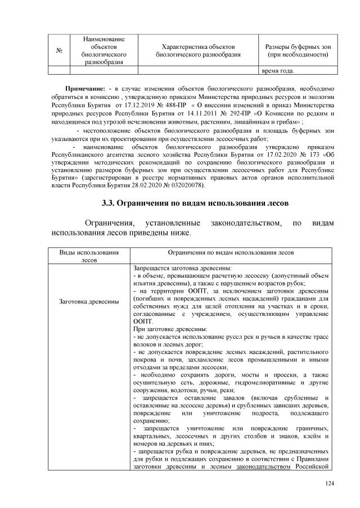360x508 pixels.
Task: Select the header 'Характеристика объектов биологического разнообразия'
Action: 198,50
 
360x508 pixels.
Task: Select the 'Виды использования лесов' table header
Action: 89,257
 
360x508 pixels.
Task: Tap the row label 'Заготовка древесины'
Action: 89,302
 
